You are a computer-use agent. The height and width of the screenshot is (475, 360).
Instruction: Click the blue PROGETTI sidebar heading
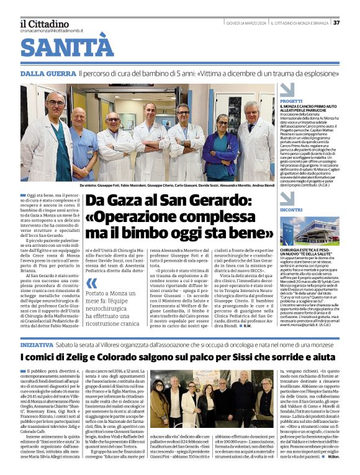pyautogui.click(x=274, y=100)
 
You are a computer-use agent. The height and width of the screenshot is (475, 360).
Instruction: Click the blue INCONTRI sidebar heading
pyautogui.click(x=274, y=210)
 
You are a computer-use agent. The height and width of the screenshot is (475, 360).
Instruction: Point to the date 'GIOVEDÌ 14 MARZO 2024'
pyautogui.click(x=243, y=23)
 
